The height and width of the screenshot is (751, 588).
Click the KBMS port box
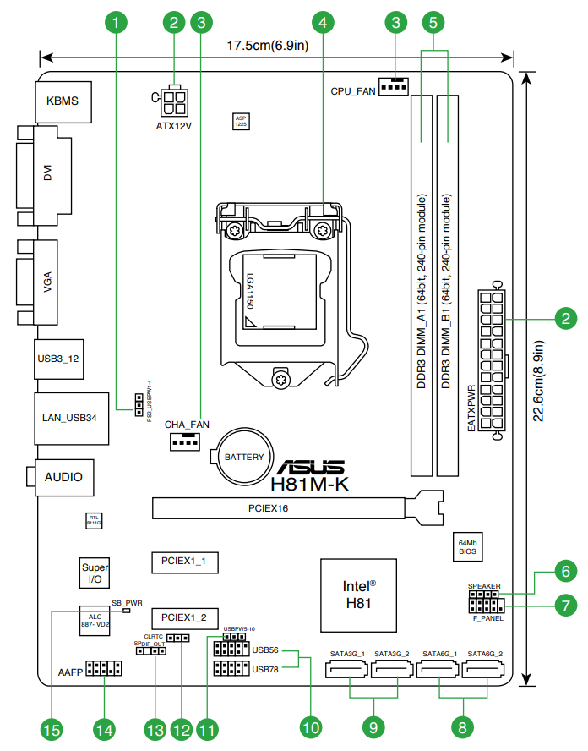point(63,101)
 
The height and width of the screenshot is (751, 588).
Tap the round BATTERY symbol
point(242,458)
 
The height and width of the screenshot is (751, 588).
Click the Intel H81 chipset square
point(359,594)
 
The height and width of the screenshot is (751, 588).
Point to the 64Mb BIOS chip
point(467,545)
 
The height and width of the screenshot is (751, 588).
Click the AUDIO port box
point(64,477)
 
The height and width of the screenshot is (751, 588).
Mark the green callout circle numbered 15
point(52,728)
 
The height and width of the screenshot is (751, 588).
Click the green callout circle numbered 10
point(312,726)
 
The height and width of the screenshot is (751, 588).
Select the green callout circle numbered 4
point(324,20)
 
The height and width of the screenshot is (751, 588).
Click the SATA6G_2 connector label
point(486,654)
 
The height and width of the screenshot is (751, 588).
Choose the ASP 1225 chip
point(241,122)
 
